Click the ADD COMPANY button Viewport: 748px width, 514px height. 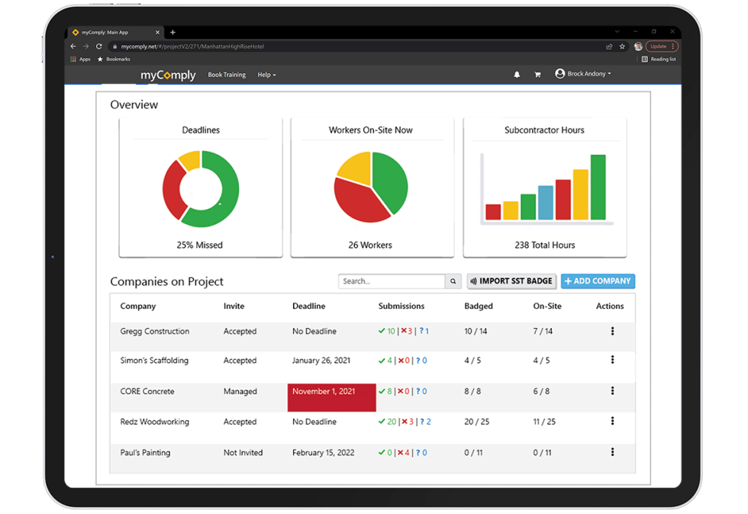coord(598,281)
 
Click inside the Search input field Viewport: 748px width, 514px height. coord(392,281)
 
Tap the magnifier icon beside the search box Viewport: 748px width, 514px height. coord(453,281)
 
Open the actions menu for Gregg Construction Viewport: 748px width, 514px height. coord(612,331)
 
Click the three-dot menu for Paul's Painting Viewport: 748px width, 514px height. coord(612,452)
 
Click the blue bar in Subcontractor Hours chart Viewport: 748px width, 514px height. coord(546,202)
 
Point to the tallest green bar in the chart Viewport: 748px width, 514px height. coord(598,187)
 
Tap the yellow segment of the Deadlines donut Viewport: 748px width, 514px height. coord(189,159)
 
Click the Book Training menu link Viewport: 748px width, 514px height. coord(227,75)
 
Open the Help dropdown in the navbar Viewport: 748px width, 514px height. coord(266,75)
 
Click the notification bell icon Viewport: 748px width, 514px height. coord(517,75)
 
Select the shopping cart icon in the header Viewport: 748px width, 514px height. coord(537,75)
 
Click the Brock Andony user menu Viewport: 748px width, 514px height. coord(584,74)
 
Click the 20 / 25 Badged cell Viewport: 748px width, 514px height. coord(477,422)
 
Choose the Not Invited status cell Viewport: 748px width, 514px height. coord(243,452)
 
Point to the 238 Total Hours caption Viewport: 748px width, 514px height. coord(544,245)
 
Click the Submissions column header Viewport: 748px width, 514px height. coord(401,306)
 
